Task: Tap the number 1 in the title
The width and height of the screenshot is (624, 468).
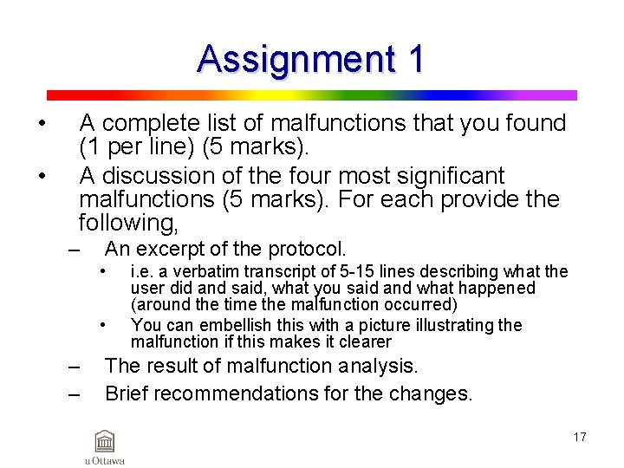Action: click(x=415, y=59)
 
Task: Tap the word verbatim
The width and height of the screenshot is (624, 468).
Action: click(x=199, y=272)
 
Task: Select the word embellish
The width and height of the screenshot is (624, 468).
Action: click(x=232, y=325)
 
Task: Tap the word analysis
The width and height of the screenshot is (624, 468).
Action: click(x=376, y=367)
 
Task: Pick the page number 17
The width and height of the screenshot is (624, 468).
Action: click(x=579, y=437)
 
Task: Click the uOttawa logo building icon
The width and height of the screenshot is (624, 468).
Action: click(x=104, y=441)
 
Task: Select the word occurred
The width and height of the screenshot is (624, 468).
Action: click(x=413, y=304)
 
